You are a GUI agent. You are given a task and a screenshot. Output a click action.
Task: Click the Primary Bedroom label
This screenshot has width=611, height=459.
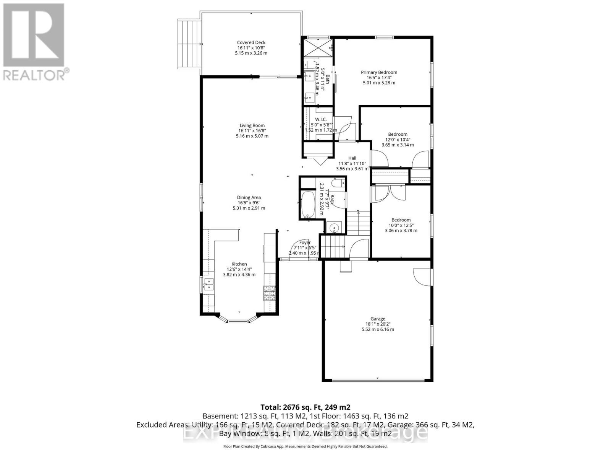point(379,72)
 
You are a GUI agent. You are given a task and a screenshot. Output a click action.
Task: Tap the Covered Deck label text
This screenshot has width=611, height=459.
point(251,42)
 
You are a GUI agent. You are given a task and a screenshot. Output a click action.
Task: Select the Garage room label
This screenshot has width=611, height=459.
point(378,319)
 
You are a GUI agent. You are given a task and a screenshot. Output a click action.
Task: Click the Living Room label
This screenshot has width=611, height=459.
point(252,125)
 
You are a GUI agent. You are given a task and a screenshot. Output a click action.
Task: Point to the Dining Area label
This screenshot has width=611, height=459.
point(249,198)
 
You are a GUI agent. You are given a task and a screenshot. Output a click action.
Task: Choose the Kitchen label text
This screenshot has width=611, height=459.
point(239,264)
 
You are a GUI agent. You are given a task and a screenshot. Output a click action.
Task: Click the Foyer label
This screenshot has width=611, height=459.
point(305,243)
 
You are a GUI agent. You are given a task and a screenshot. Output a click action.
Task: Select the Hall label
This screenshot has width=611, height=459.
point(352,158)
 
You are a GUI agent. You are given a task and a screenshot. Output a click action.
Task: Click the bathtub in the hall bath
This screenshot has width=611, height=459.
point(307,205)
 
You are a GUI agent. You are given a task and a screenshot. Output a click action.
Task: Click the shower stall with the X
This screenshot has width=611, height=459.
point(318,47)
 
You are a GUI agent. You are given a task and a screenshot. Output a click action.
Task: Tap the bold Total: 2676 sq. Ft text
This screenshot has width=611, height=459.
point(305,407)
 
